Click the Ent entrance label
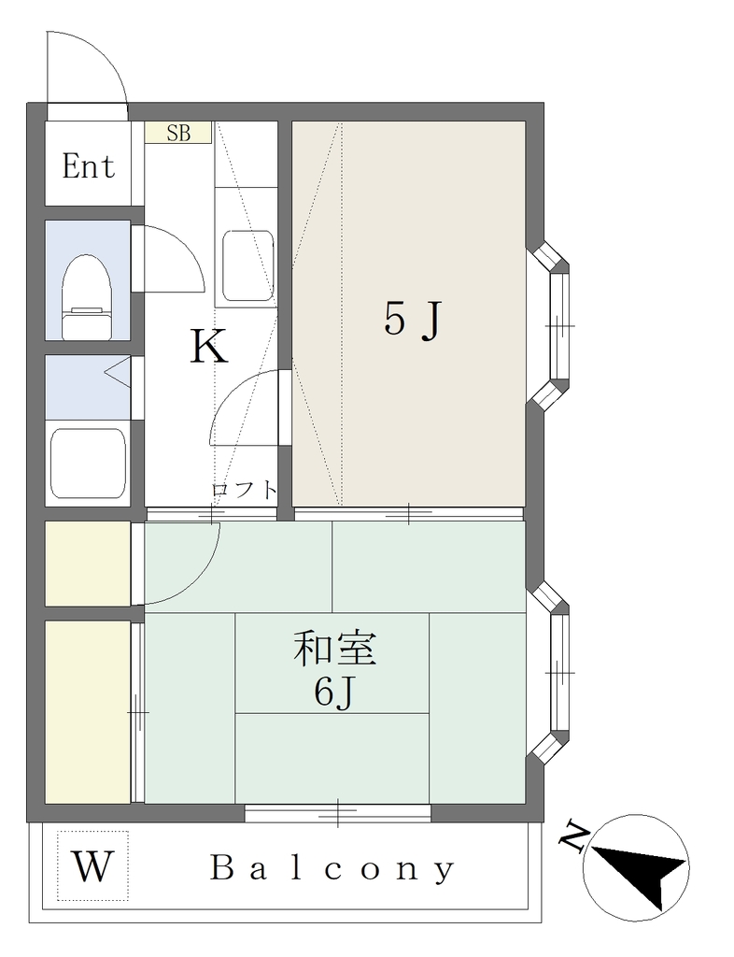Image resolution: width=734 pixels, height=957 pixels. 89,166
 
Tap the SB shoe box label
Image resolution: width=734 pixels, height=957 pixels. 178,133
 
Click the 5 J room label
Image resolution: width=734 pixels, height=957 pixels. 412,320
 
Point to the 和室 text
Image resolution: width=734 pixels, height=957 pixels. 334,649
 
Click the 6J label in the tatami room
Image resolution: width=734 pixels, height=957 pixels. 334,693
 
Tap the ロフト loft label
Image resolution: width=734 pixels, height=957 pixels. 245,490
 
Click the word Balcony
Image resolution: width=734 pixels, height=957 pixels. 332,868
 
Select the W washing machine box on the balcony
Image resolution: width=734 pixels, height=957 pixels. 92,865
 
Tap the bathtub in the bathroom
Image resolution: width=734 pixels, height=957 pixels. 88,464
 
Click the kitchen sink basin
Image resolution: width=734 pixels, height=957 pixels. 248,264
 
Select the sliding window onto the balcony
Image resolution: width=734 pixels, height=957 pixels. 338,813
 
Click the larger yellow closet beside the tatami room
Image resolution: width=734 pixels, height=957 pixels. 88,711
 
